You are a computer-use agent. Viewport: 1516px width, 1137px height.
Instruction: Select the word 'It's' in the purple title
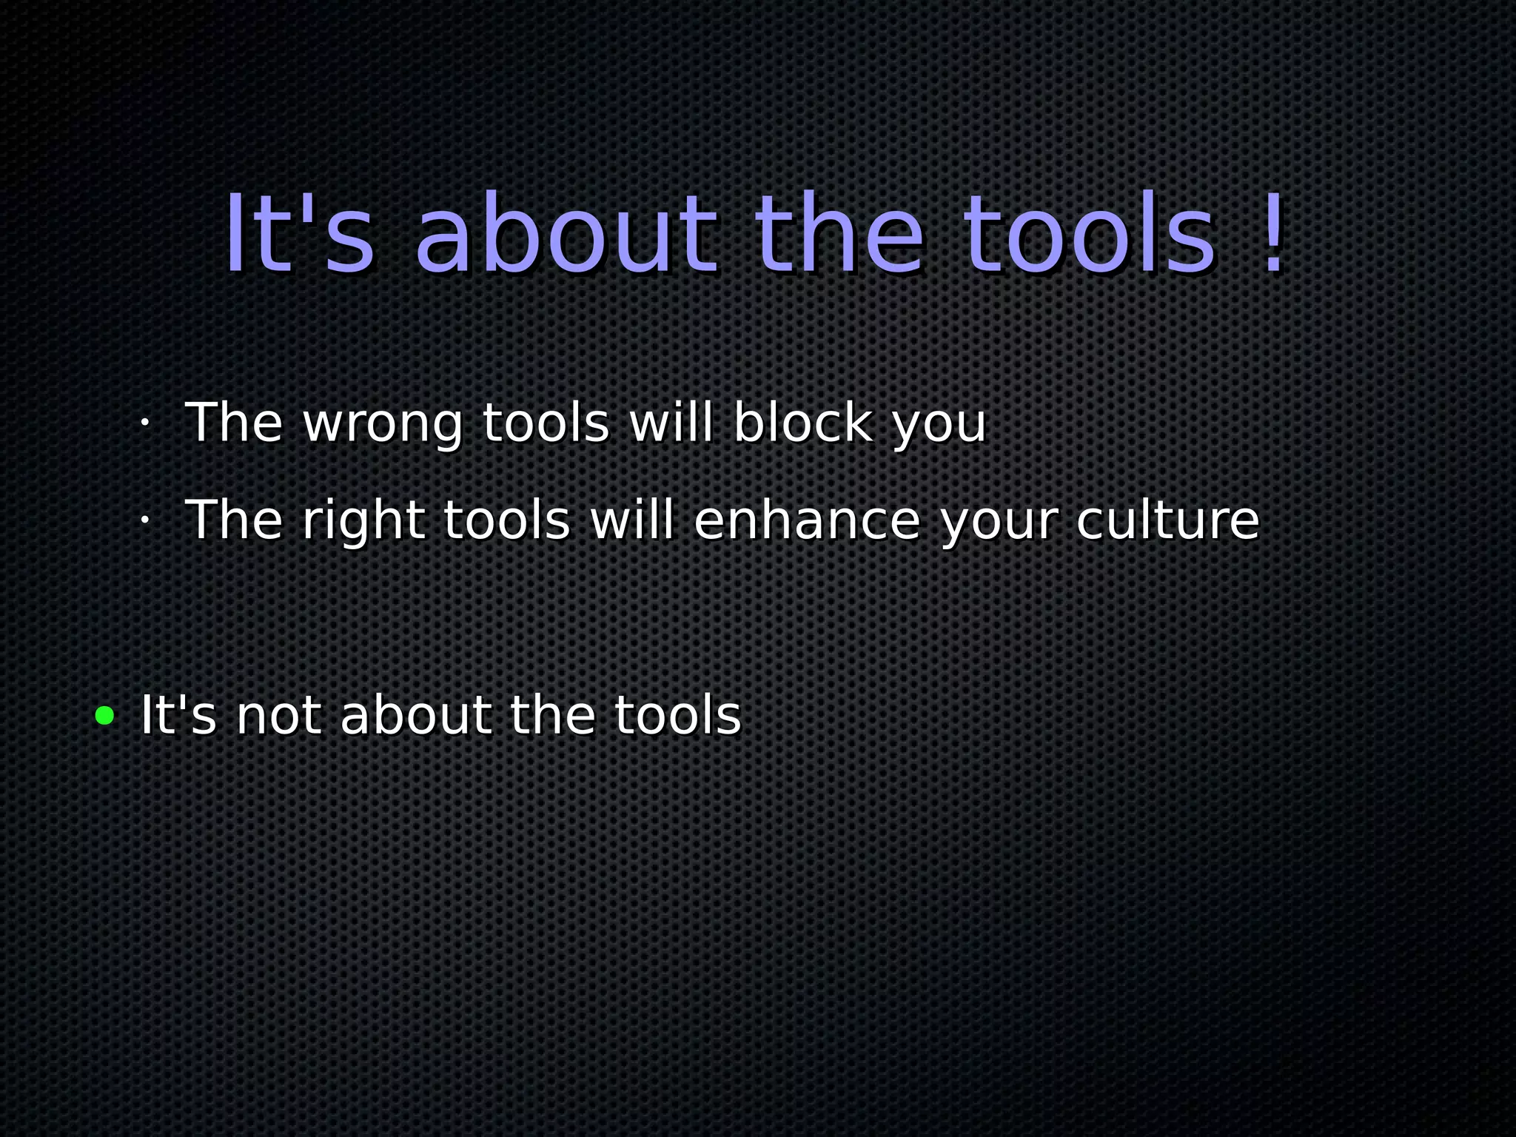300,233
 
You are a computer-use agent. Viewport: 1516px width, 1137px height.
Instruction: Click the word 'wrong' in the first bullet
383,424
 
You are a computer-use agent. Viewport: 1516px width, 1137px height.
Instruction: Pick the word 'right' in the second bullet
363,521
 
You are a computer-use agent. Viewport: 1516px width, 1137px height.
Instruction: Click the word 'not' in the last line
278,716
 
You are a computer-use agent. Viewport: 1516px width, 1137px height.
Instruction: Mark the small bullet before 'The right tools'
145,520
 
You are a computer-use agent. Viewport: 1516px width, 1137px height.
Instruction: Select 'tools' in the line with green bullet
677,716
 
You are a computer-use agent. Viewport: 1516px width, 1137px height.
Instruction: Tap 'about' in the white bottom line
416,716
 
